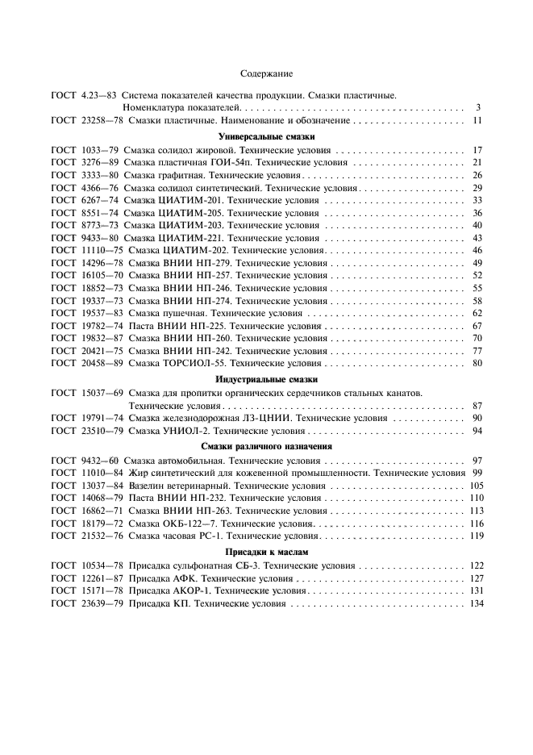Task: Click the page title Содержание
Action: (266, 74)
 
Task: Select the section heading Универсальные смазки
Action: (266, 136)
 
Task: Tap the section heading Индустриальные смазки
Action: (266, 379)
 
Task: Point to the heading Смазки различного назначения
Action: (266, 445)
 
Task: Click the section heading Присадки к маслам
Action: (266, 551)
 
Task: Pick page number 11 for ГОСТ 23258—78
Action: (477, 120)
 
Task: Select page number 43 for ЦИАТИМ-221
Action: (477, 238)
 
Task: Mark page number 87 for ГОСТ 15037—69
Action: (477, 406)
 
